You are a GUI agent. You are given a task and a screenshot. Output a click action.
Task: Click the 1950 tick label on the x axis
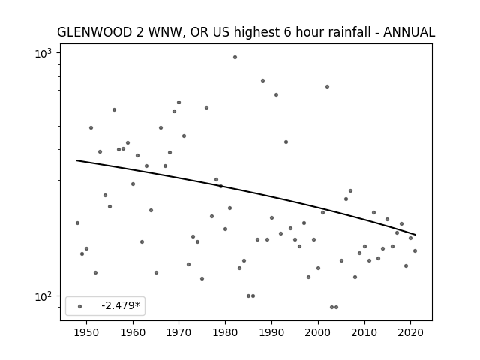[87, 333]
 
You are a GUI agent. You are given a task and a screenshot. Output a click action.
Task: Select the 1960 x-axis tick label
[133, 333]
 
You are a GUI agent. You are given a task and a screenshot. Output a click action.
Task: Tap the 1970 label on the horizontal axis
[179, 333]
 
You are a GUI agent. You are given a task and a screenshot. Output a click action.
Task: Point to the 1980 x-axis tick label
[225, 333]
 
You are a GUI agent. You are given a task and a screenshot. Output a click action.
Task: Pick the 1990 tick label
[271, 333]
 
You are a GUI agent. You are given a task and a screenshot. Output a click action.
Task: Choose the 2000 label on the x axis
[318, 333]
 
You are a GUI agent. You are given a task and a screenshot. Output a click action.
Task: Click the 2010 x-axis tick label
[364, 333]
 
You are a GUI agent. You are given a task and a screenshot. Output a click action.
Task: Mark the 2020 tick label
[410, 333]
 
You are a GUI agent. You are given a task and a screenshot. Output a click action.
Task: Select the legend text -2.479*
[121, 305]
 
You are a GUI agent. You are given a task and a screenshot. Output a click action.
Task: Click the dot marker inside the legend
[80, 306]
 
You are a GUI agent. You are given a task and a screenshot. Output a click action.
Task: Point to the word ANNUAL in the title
[409, 32]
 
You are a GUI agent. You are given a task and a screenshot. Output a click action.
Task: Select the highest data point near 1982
[235, 57]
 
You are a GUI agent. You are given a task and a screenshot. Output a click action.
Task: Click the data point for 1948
[77, 223]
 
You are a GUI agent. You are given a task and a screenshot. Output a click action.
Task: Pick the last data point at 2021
[415, 251]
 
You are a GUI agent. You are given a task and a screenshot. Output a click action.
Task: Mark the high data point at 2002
[327, 87]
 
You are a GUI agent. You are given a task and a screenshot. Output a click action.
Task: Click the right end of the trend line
[415, 235]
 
